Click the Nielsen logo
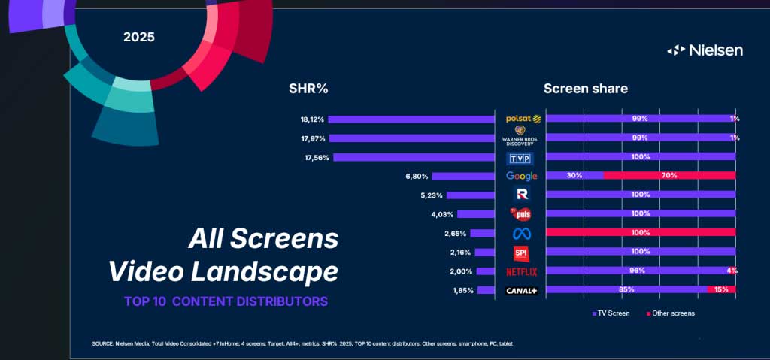coord(705,50)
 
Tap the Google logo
coord(521,176)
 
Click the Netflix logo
coord(521,271)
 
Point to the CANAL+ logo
coord(521,290)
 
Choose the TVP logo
coord(521,158)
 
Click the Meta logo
coord(521,233)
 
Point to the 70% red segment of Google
coord(669,176)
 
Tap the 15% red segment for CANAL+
coord(721,289)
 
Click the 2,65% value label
coord(456,233)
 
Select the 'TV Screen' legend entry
coord(610,313)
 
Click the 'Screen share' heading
coord(585,89)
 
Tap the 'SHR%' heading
coord(308,89)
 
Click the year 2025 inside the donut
coord(139,36)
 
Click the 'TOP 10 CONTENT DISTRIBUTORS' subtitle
coord(226,301)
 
